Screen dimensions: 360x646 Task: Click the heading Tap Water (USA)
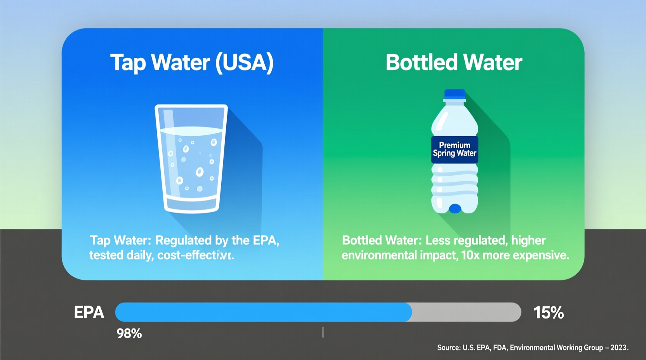click(192, 62)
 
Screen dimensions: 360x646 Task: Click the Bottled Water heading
click(453, 62)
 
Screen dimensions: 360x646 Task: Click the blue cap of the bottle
click(455, 93)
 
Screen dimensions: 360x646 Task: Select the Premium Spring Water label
click(455, 149)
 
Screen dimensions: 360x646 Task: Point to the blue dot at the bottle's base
click(455, 209)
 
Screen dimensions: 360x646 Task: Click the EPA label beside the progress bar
click(89, 312)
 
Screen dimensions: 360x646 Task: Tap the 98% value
click(129, 334)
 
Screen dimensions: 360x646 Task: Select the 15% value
click(548, 313)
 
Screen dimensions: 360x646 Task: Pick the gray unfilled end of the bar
click(466, 312)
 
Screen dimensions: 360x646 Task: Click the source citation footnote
click(532, 348)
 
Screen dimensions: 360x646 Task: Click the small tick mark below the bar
click(323, 332)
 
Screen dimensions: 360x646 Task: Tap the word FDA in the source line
click(500, 348)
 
